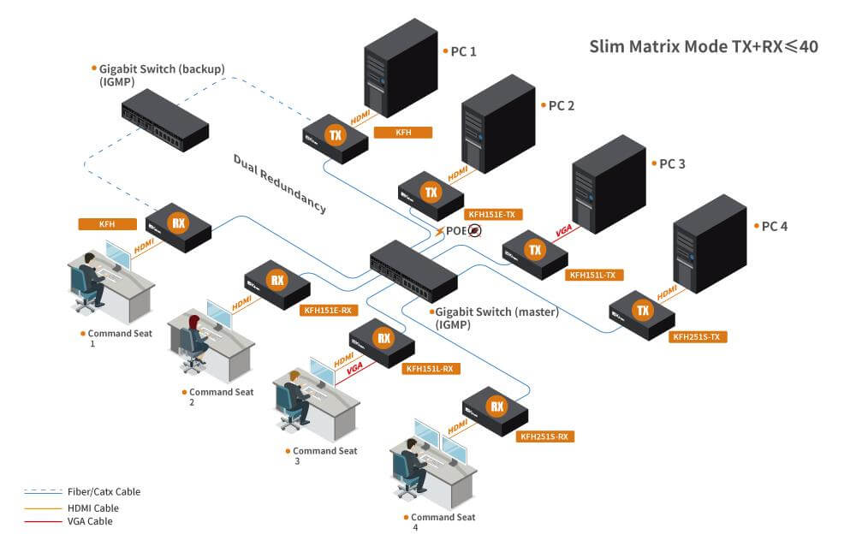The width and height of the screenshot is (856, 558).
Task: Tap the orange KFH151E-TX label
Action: click(493, 215)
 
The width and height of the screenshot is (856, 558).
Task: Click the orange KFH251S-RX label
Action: click(544, 436)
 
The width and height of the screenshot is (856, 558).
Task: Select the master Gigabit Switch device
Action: click(413, 265)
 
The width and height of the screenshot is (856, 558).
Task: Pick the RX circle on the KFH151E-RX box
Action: click(277, 280)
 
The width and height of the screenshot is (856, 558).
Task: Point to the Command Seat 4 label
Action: click(443, 517)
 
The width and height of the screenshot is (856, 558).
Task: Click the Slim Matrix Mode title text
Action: click(703, 46)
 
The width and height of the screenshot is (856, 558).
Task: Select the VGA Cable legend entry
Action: click(89, 521)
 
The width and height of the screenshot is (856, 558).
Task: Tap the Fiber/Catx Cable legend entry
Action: click(103, 492)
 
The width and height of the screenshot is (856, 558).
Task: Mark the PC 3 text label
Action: click(671, 163)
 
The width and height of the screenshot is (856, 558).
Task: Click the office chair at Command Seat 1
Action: click(84, 296)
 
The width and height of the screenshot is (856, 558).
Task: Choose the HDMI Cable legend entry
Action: click(92, 507)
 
